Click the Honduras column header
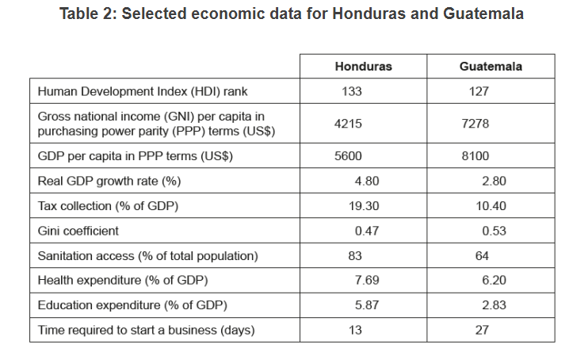coord(363,66)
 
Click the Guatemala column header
coord(491,66)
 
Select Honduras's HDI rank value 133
coord(351,91)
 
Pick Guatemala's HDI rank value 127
coord(479,91)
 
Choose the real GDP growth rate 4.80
coord(367,181)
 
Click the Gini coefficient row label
coord(78,231)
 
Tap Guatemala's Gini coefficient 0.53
coord(494,231)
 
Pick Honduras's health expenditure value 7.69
coord(367,280)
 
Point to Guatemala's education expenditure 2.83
coord(494,305)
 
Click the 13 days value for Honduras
coord(354,330)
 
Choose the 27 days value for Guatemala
coord(482,330)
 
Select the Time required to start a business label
coord(146,330)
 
